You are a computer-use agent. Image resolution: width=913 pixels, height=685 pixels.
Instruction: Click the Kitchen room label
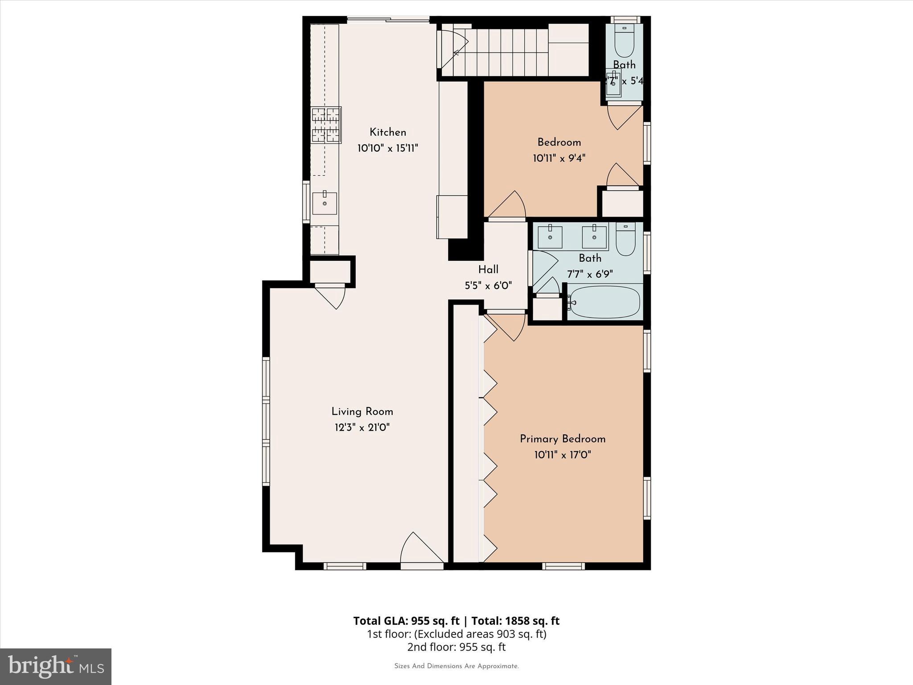point(387,132)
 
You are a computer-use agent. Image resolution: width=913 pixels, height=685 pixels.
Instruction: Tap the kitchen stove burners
point(326,125)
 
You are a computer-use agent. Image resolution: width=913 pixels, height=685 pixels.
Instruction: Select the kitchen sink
point(325,203)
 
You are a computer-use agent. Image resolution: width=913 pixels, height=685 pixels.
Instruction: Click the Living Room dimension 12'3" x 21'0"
point(362,428)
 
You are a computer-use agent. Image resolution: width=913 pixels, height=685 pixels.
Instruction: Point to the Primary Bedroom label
point(563,439)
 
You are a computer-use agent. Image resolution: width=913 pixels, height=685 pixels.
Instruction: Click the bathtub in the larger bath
point(605,302)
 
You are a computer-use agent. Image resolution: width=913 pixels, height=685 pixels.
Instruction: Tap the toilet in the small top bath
point(624,40)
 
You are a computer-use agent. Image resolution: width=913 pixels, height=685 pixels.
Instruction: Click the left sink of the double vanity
point(550,237)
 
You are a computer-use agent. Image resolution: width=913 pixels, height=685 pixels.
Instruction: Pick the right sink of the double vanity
point(594,237)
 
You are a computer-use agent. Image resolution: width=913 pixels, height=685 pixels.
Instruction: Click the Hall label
point(488,269)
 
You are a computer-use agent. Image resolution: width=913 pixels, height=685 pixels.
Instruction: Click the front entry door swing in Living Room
point(421,549)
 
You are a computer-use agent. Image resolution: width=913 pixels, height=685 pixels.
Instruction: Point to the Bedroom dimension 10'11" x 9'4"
point(559,158)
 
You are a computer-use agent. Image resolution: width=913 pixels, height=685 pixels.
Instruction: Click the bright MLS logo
point(56,666)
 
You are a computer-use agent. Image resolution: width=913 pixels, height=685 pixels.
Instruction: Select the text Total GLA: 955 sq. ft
point(406,621)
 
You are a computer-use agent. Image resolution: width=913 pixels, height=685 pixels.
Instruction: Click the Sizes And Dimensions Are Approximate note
point(456,666)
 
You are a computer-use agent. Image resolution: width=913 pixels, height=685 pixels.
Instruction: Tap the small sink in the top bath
point(614,84)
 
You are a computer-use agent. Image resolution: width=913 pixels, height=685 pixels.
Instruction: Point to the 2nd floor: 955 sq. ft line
point(456,647)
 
